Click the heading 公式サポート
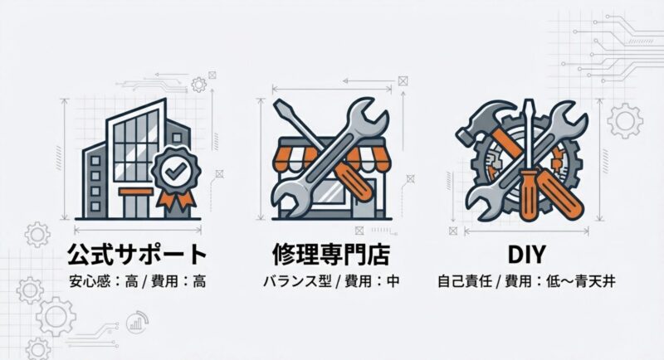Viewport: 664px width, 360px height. tap(137, 254)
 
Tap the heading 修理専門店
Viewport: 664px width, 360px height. tap(330, 254)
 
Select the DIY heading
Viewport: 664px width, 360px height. tap(526, 255)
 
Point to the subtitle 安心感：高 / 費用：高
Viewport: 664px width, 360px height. tap(138, 281)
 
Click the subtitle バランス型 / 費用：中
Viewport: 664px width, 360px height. tap(331, 281)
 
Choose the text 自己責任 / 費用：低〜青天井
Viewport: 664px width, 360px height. tap(526, 281)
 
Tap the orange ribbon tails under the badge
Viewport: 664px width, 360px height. tap(175, 200)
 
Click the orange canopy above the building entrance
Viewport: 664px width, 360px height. tap(135, 192)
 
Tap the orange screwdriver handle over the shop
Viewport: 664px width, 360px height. tap(355, 182)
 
